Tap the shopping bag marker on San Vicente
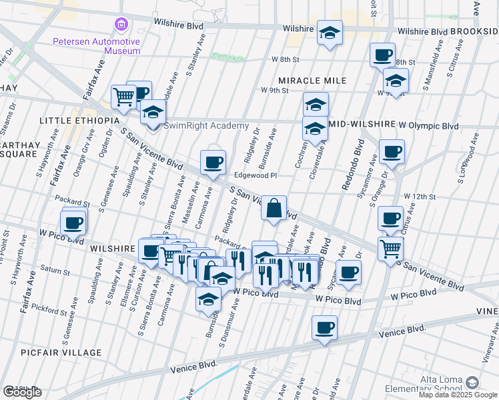tap(274, 208)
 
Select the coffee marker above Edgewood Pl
tap(213, 163)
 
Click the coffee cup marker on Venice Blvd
tap(324, 328)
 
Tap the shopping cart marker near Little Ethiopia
tap(123, 98)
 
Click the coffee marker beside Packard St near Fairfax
tap(74, 222)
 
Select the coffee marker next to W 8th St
tap(383, 55)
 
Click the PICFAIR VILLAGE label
tap(70, 353)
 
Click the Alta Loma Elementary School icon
tap(472, 383)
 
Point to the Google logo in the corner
tap(21, 392)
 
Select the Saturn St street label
tap(56, 271)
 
